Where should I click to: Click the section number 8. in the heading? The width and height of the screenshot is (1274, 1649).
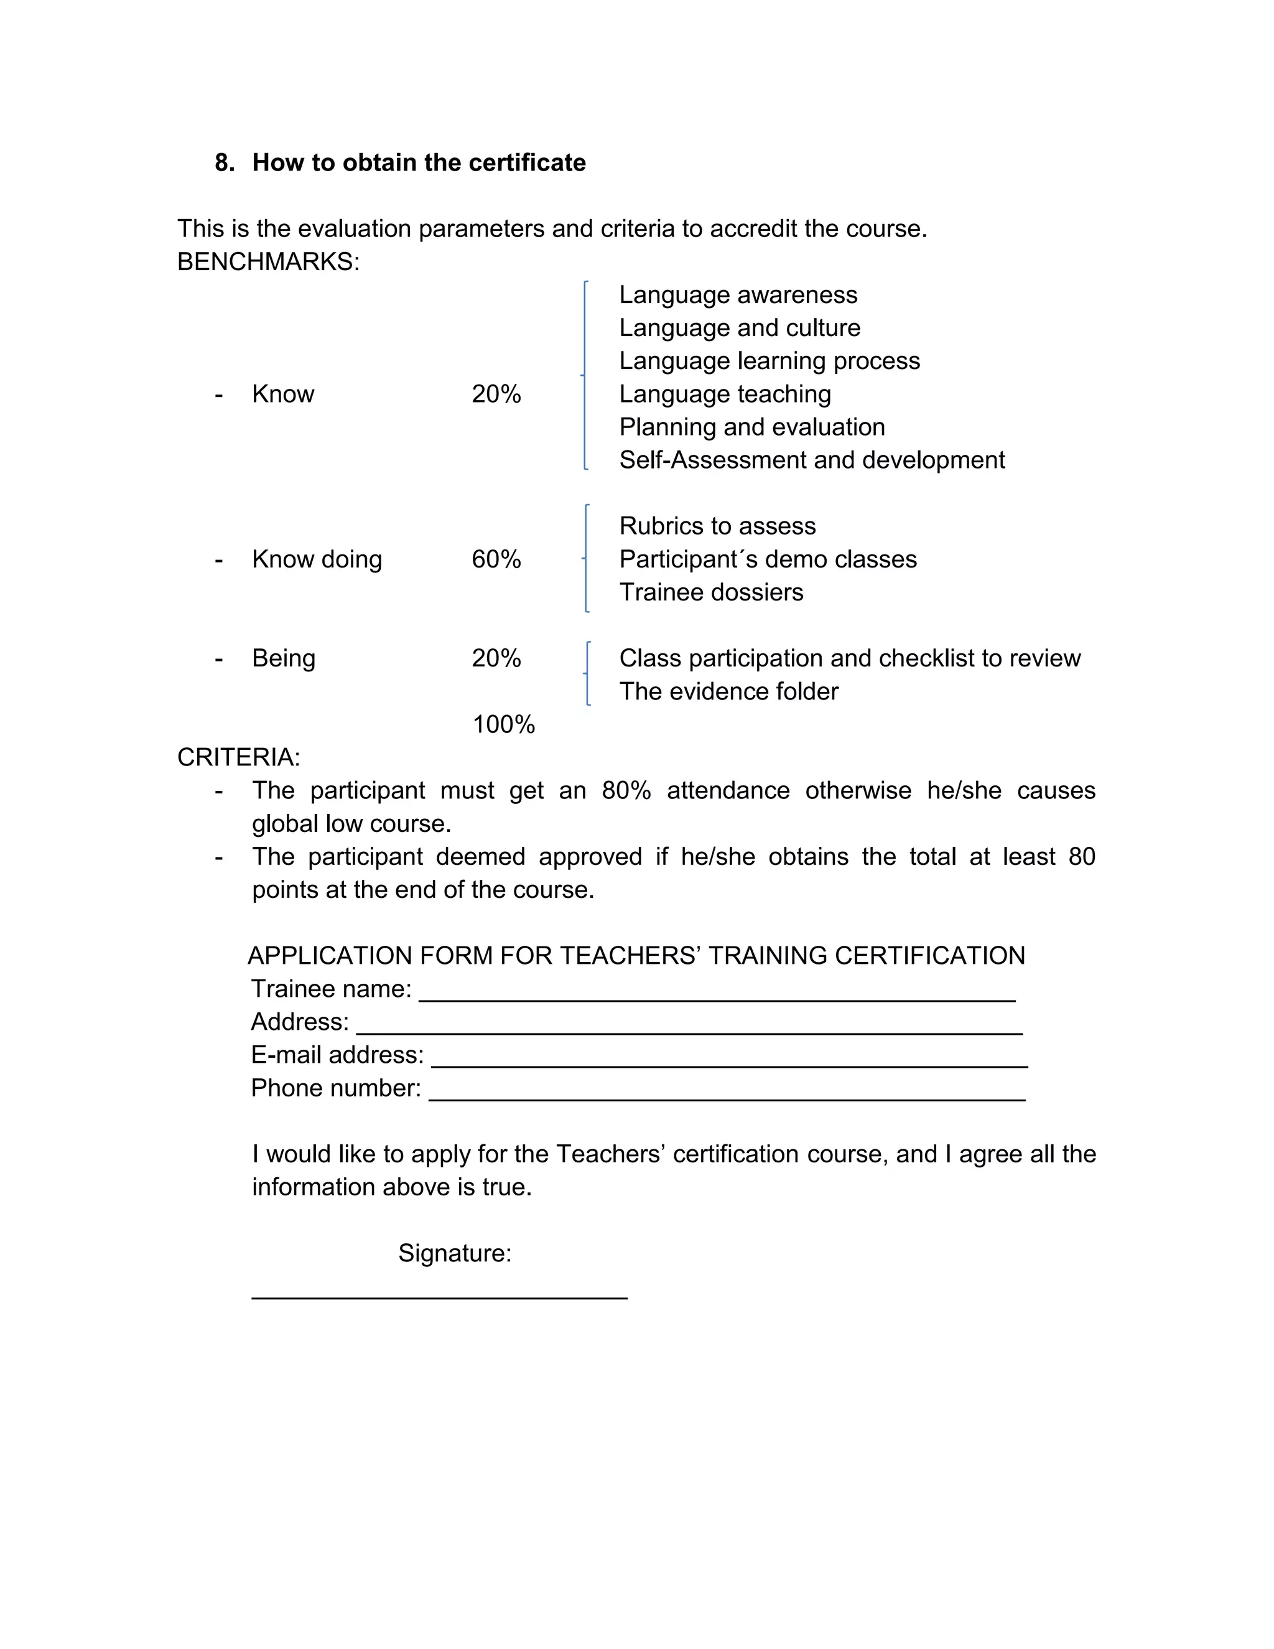coord(224,163)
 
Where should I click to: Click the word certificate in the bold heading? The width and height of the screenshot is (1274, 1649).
coord(527,163)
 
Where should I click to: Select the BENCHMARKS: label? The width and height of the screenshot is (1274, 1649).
coord(268,262)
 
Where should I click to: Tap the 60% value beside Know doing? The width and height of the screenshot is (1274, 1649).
coord(496,559)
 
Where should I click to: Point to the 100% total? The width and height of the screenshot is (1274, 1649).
coord(503,725)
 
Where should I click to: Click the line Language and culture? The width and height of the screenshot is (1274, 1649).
coord(739,328)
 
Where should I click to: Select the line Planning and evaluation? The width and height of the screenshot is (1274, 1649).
coord(751,427)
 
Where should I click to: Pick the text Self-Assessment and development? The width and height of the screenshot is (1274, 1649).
coord(811,460)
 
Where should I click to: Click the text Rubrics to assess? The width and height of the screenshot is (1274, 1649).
coord(717,526)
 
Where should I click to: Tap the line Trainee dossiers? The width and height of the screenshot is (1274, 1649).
coord(711,592)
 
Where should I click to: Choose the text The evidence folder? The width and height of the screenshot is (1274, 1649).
coord(728,691)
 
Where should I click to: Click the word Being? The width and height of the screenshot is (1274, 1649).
coord(283,658)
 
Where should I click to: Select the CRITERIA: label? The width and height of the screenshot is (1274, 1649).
coord(238,757)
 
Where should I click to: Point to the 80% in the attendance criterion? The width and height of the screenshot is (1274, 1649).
coord(626,790)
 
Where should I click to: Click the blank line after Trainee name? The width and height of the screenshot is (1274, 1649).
coord(717,998)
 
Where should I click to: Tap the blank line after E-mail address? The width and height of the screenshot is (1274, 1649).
coord(729,1064)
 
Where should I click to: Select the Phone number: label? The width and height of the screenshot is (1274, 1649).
coord(336,1088)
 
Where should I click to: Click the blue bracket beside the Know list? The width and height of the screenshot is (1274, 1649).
coord(585,375)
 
